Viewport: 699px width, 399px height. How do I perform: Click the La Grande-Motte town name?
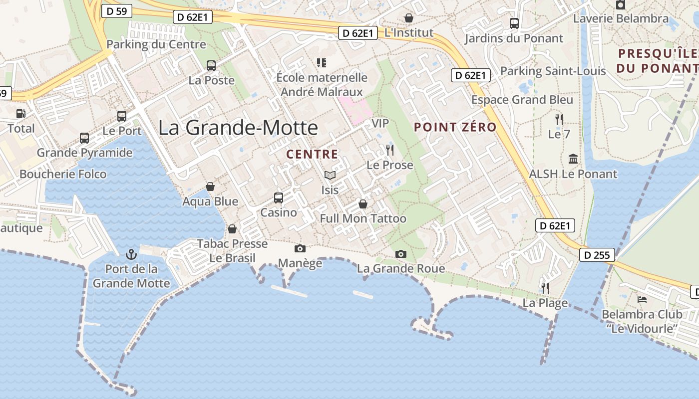pos(238,128)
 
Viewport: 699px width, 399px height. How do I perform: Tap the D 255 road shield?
pos(597,255)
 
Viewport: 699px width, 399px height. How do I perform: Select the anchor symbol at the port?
pos(131,254)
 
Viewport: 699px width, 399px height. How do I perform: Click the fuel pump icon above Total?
pos(20,114)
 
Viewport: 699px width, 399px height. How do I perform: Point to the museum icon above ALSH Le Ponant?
pos(573,159)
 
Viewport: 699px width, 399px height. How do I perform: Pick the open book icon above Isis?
pos(330,175)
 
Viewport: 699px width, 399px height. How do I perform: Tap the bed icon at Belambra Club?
pos(642,300)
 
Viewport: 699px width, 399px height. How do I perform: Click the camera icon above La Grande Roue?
pos(400,254)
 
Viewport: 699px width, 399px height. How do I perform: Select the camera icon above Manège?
pos(300,248)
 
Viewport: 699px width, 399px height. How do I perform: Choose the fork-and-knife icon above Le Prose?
pos(390,150)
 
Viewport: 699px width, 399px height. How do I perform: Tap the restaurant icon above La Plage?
pos(545,288)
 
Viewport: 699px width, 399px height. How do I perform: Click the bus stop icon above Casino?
pos(279,198)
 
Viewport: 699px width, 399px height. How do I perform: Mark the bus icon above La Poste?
pos(211,65)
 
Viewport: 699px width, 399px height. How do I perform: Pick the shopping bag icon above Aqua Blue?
pos(210,187)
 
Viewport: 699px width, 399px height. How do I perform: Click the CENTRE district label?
pos(312,155)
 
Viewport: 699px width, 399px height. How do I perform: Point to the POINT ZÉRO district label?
pos(455,127)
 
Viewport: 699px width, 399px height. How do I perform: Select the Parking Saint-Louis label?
pos(553,71)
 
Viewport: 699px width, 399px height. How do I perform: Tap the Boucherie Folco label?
pos(63,174)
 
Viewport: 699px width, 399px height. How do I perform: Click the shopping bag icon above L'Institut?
pos(409,18)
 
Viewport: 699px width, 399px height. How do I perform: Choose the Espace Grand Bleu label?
pos(522,100)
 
